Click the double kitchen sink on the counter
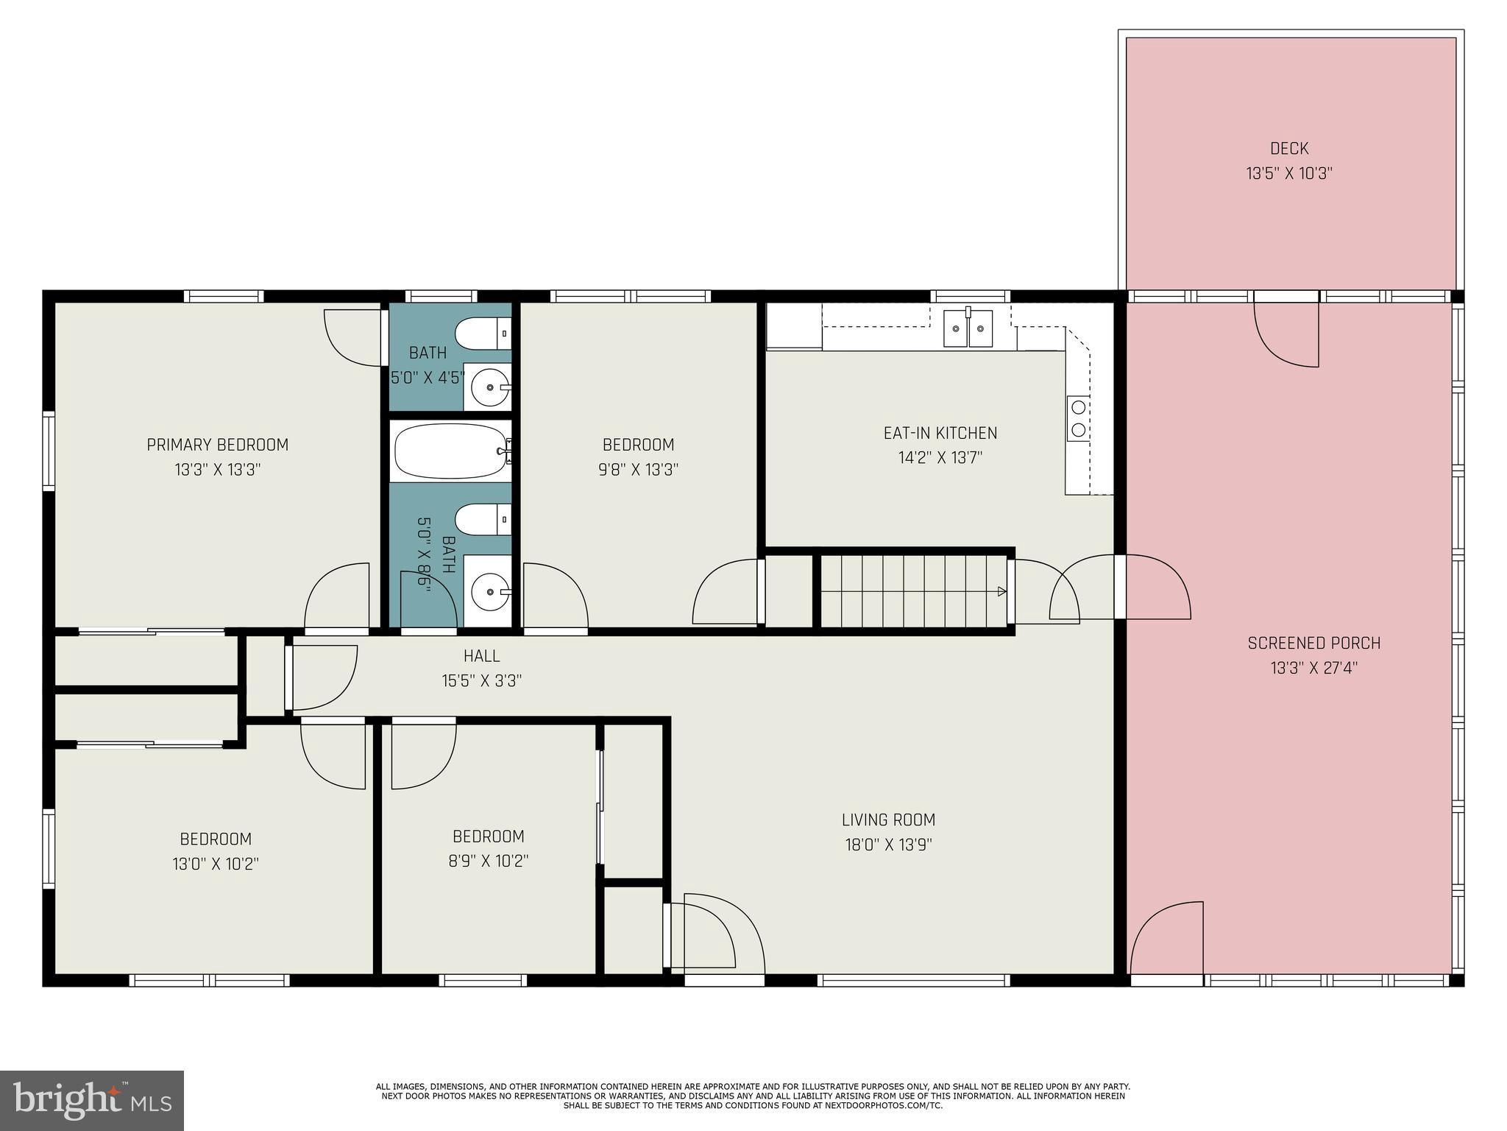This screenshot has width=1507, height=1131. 968,328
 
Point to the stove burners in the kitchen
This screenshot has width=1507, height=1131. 1079,418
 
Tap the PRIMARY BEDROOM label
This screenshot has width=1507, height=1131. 217,445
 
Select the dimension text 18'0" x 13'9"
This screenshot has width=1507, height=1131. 888,845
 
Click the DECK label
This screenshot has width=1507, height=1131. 1289,149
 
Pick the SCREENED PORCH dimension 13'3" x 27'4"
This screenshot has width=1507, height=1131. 1313,668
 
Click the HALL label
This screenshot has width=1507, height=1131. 481,655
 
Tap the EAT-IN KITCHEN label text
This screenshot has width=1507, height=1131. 940,433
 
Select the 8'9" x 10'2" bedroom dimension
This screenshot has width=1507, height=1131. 488,861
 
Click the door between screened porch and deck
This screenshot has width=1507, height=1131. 1286,335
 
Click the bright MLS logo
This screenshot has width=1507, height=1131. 92,1100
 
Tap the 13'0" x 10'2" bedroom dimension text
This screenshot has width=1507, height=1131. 216,864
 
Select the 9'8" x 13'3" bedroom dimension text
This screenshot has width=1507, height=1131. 638,469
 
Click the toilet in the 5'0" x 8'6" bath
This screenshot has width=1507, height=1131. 483,519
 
